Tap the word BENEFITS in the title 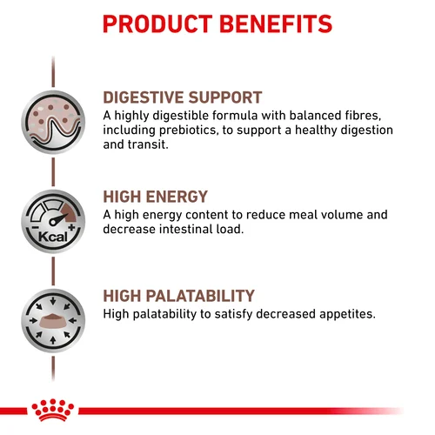click(276, 23)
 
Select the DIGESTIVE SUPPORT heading click(183, 97)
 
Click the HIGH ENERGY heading click(155, 197)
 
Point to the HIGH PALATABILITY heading click(178, 296)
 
